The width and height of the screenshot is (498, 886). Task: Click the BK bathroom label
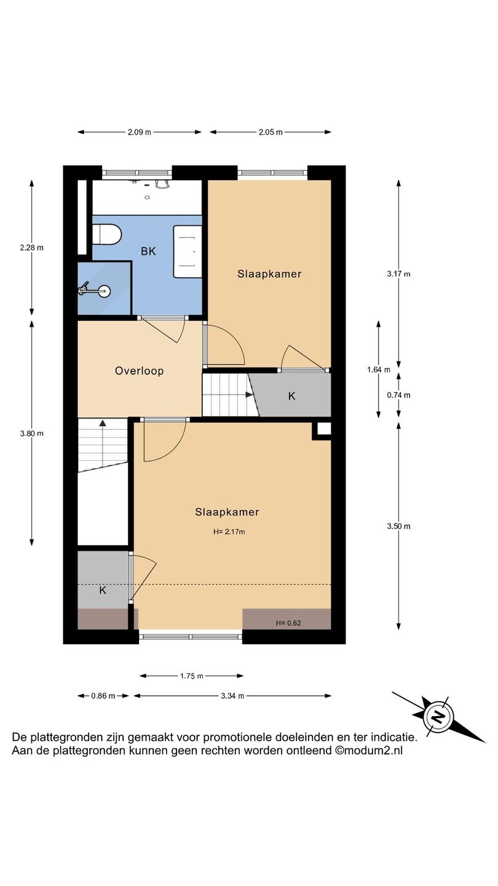pos(148,251)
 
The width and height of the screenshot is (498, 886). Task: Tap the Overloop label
pos(139,371)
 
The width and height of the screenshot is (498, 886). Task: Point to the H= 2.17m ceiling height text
pos(229,532)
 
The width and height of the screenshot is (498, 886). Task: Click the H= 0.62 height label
pos(288,623)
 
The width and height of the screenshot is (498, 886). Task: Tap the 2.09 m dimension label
pos(139,132)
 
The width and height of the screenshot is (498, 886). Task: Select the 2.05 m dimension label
pos(271,132)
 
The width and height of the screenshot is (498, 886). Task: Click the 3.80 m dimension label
pos(31,433)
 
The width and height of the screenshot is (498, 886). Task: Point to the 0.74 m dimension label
pos(398,395)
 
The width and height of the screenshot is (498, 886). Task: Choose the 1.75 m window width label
pos(192,676)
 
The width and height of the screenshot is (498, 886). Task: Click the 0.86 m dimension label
pos(103,696)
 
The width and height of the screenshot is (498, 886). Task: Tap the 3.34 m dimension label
pos(232,696)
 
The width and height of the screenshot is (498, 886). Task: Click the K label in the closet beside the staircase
pos(291,396)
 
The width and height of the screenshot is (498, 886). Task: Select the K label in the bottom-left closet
pos(103,590)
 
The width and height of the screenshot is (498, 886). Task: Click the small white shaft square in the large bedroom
pos(324,429)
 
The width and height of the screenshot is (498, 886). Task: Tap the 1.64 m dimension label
pos(379,369)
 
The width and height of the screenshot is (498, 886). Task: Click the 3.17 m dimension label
pos(398,274)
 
